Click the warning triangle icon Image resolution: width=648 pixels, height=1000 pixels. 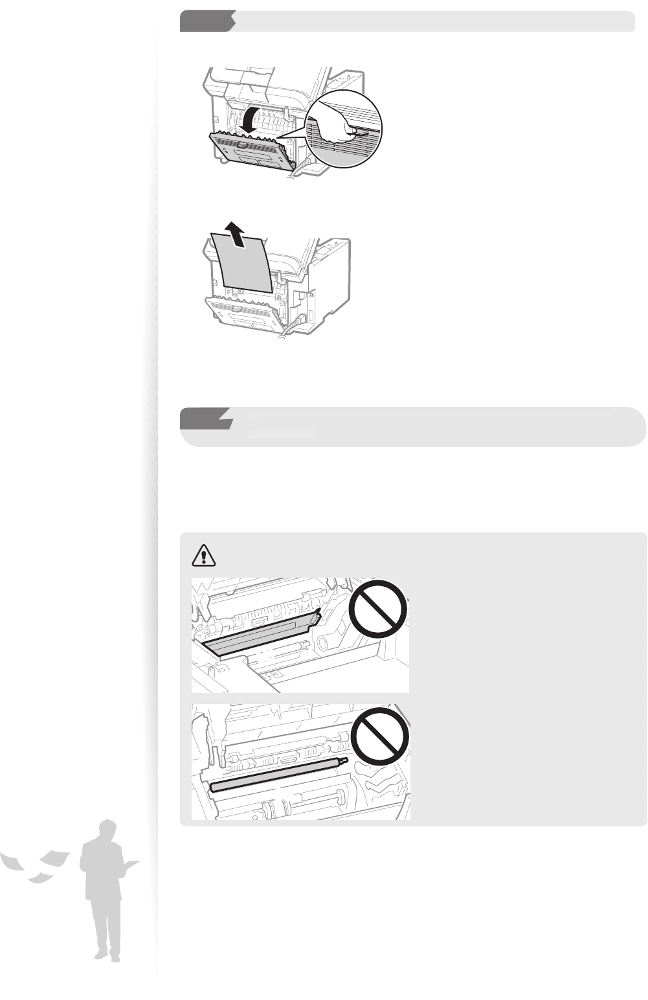pyautogui.click(x=204, y=555)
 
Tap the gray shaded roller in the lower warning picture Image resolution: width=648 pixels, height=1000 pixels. pyautogui.click(x=278, y=775)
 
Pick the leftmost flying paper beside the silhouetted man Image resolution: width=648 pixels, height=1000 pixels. pyautogui.click(x=13, y=861)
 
